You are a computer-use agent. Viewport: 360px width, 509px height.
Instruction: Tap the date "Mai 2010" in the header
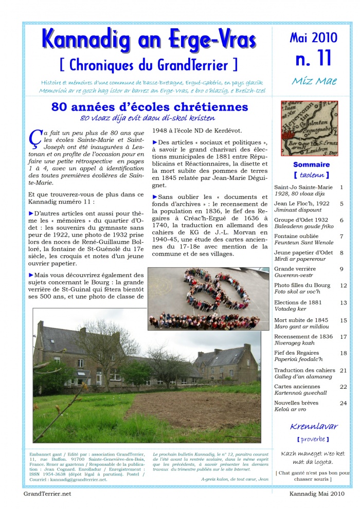tap(313, 38)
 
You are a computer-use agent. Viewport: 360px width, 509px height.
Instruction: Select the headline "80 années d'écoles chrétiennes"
tap(149, 107)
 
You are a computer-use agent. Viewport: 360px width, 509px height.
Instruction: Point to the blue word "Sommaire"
tap(311, 165)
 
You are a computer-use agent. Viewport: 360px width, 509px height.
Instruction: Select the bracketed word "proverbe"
tap(313, 439)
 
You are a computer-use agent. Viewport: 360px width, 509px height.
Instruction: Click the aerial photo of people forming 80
tap(208, 299)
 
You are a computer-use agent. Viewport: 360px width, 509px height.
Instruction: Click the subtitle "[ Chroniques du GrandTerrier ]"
tap(149, 64)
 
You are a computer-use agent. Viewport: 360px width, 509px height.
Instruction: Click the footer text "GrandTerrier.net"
tap(47, 494)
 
